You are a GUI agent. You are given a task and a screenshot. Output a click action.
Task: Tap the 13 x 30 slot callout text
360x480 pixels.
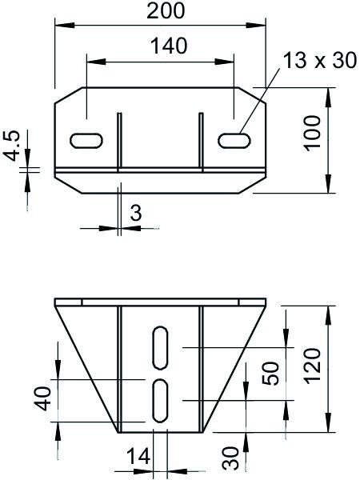pos(317,62)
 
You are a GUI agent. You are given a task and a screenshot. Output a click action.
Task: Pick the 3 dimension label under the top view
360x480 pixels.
pos(135,214)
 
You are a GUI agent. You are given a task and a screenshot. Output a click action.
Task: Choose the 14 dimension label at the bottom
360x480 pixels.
pos(138,457)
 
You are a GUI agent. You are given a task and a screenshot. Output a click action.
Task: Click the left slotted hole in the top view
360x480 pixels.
pos(86,140)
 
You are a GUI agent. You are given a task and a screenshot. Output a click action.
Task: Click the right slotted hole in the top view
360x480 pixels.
pos(232,140)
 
